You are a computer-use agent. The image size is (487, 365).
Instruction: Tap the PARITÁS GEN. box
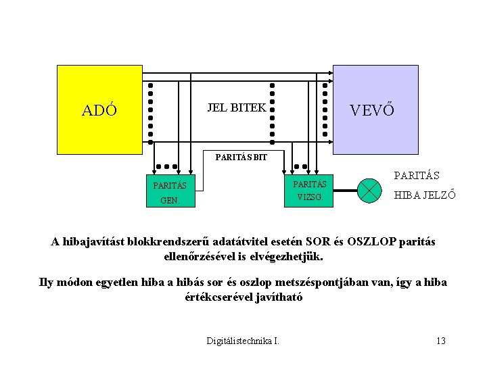point(170,192)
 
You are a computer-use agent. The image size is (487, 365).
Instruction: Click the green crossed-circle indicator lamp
point(369,190)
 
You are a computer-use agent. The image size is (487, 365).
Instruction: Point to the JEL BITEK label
point(236,107)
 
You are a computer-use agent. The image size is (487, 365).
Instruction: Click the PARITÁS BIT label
point(241,157)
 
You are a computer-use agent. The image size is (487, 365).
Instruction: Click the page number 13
point(441,341)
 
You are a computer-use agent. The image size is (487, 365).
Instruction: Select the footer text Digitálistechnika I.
point(243,341)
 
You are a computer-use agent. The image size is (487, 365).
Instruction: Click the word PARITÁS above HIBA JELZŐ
point(416,176)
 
